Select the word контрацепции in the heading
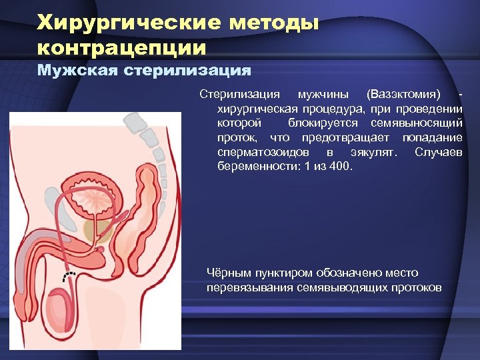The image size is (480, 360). (x=122, y=48)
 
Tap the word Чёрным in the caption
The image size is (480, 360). (x=230, y=273)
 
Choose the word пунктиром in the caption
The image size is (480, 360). (x=281, y=273)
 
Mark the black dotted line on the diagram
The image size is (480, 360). (x=69, y=276)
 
